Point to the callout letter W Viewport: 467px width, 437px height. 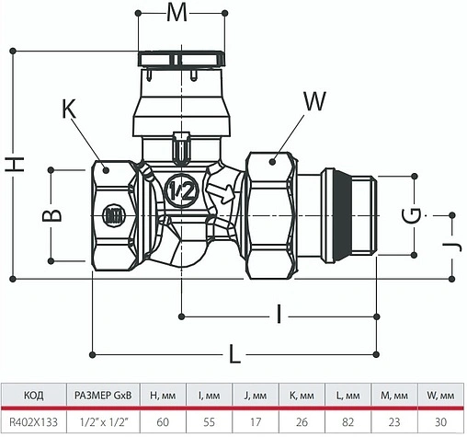[313, 100]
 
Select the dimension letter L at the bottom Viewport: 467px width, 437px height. [234, 353]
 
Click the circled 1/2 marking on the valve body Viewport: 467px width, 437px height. [181, 191]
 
